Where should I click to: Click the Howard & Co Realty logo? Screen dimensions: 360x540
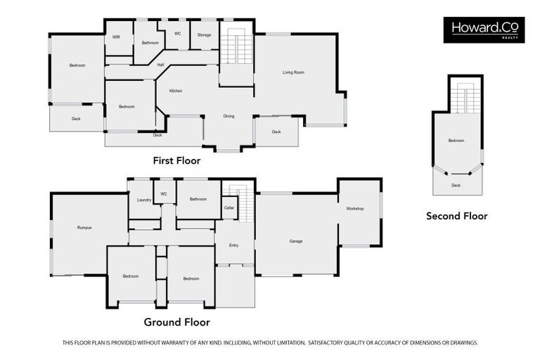pyautogui.click(x=484, y=30)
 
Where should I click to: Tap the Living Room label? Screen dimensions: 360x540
pyautogui.click(x=293, y=72)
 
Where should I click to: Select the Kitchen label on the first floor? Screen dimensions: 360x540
pyautogui.click(x=175, y=91)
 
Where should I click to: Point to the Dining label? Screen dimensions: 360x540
pyautogui.click(x=229, y=116)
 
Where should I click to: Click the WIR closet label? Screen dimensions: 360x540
pyautogui.click(x=116, y=37)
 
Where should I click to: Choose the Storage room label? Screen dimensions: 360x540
pyautogui.click(x=204, y=34)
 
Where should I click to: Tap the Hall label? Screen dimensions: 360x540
pyautogui.click(x=160, y=65)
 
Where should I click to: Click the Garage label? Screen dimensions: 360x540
pyautogui.click(x=296, y=241)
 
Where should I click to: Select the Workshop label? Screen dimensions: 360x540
pyautogui.click(x=355, y=209)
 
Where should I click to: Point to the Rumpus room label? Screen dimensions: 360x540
pyautogui.click(x=84, y=227)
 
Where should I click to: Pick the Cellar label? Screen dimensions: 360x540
pyautogui.click(x=229, y=207)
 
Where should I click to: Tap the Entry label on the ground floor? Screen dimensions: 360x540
pyautogui.click(x=233, y=245)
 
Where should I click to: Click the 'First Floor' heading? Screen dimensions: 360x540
pyautogui.click(x=176, y=161)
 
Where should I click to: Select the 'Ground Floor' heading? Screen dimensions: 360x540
pyautogui.click(x=176, y=323)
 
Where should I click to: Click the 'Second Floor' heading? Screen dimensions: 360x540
pyautogui.click(x=456, y=216)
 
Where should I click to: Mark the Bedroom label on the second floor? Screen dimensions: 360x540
pyautogui.click(x=456, y=141)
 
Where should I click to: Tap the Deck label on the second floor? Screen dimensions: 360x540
pyautogui.click(x=456, y=185)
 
